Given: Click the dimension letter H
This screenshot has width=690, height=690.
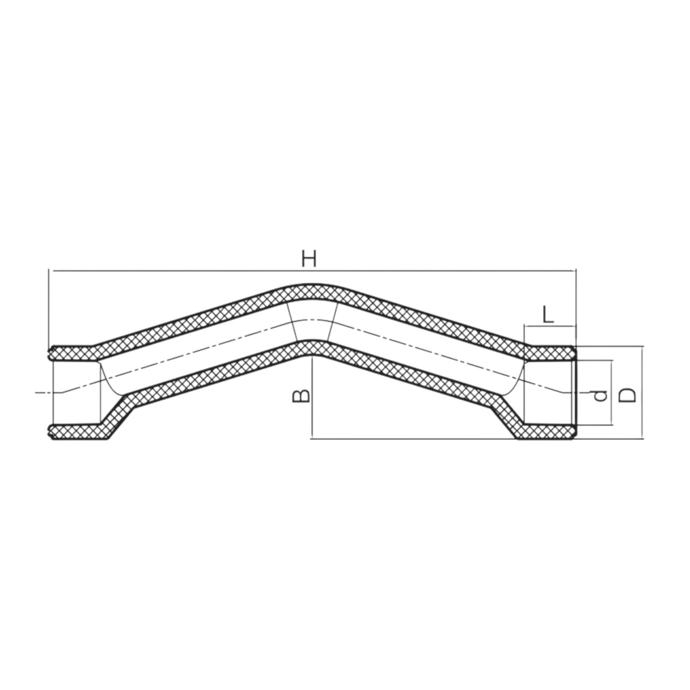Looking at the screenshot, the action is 309,259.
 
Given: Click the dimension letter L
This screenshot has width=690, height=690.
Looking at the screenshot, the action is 548,315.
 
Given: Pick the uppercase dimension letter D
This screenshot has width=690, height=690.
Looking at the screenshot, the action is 627,395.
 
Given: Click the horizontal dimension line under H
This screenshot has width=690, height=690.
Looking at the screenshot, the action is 312,271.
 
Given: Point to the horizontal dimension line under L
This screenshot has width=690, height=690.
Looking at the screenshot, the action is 550,326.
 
